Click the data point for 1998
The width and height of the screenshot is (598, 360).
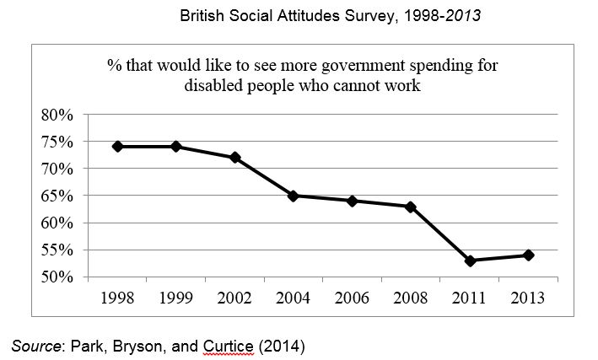[x=117, y=146]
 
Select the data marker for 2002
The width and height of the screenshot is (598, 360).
[x=235, y=158]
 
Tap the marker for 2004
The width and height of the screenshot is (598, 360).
[x=294, y=196]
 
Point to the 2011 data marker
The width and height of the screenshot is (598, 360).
[x=470, y=261]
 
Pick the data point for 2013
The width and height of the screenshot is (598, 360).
[x=529, y=255]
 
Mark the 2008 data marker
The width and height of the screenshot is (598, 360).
[x=411, y=207]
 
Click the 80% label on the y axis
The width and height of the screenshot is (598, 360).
[x=57, y=115]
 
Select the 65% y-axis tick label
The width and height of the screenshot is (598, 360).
[x=57, y=196]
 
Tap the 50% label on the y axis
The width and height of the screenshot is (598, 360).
[x=57, y=277]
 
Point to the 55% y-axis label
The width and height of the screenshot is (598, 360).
[x=57, y=250]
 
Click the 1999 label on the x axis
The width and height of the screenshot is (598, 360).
[x=176, y=298]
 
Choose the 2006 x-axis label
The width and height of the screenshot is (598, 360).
[x=353, y=298]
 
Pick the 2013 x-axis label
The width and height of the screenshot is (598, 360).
[x=529, y=298]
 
